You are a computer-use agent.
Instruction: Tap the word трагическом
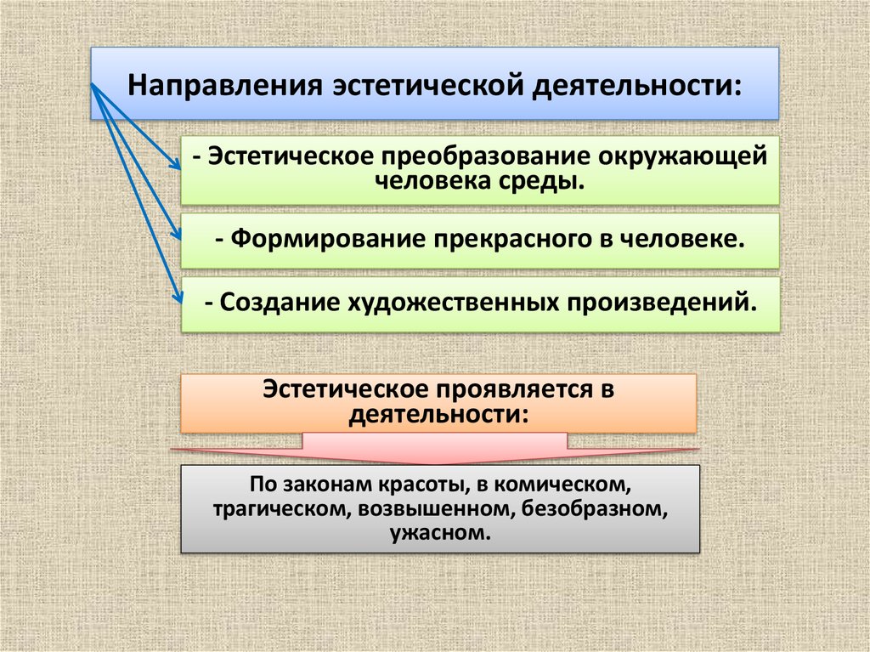point(279,510)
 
